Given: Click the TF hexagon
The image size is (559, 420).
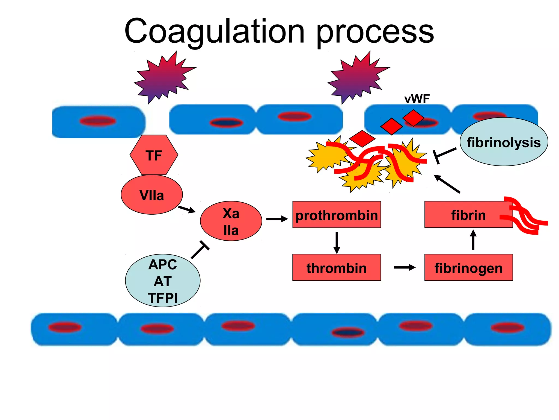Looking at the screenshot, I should pos(154,155).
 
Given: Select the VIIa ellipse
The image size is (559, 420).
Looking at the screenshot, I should pos(152,195).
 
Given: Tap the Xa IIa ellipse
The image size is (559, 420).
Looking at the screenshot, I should pos(231,221).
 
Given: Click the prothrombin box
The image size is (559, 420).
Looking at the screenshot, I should pos(336,215).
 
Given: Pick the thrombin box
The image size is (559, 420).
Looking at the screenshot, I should pos(336,267).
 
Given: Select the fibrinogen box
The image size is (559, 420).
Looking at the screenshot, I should pos(468,267).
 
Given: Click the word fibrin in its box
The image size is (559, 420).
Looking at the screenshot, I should pos(468,215).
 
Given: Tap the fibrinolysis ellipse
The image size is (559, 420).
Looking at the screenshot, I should pos(504,142).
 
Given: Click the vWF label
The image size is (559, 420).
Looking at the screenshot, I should pos(417,99).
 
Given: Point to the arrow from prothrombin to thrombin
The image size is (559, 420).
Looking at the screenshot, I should pos(337,243).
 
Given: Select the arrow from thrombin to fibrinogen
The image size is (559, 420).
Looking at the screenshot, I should pos(405,267).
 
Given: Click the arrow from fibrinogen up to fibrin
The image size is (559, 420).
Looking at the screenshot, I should pos(473,240).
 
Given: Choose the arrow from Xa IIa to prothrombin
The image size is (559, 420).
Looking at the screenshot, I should pos(277,219).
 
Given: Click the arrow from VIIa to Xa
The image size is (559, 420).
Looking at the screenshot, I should pos(187,209).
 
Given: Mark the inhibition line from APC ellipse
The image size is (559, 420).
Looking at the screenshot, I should pos(200,250).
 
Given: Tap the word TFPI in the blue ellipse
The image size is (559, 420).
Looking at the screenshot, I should pos(163,298).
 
